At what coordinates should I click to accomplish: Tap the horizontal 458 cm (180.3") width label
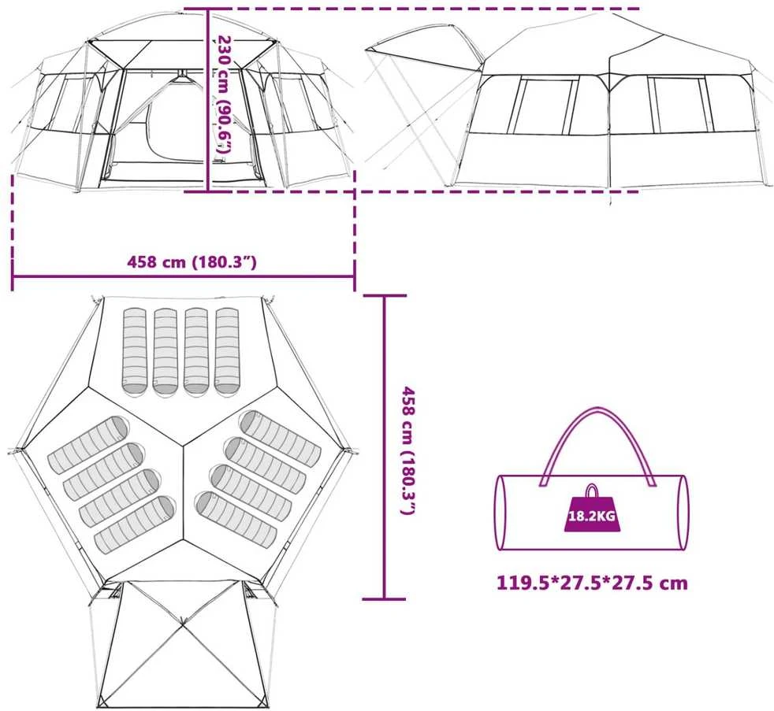pyautogui.click(x=192, y=261)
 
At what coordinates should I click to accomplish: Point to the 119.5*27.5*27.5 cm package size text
pyautogui.click(x=592, y=583)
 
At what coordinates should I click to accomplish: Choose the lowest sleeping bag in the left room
pyautogui.click(x=135, y=524)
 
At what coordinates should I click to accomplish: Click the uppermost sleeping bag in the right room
pyautogui.click(x=281, y=439)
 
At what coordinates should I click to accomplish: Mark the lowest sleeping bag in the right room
pyautogui.click(x=236, y=519)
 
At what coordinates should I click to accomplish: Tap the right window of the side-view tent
pyautogui.click(x=681, y=105)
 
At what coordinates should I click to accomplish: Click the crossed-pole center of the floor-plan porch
pyautogui.click(x=183, y=624)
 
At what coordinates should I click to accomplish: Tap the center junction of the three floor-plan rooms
pyautogui.click(x=184, y=447)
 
